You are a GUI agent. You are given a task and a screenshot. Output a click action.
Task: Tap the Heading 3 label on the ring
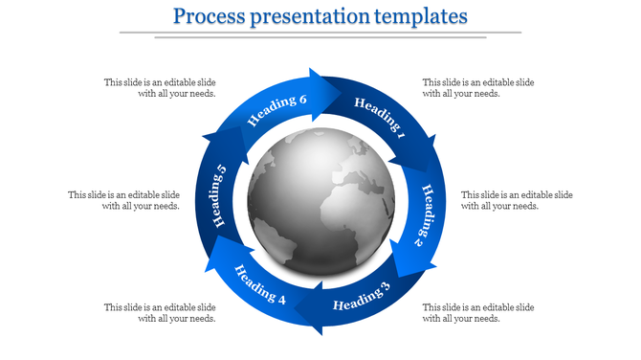pos(363,299)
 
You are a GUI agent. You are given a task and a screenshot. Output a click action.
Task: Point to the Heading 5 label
pos(218,196)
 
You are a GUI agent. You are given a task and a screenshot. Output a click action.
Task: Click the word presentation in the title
pos(320,17)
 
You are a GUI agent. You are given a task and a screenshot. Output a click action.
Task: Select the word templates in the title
pos(424,17)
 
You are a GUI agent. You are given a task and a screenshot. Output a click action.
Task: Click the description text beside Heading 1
pos(478,88)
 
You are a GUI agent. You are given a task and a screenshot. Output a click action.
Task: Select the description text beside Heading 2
pos(517,200)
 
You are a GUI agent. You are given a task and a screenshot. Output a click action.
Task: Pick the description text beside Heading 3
pos(478,312)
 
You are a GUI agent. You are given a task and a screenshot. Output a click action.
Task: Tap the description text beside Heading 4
pos(160,312)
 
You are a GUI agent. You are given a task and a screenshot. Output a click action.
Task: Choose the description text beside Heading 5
pos(123,200)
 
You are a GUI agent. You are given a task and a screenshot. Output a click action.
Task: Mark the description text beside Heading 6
pos(160,88)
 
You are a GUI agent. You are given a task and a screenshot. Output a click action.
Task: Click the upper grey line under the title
pos(320,33)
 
